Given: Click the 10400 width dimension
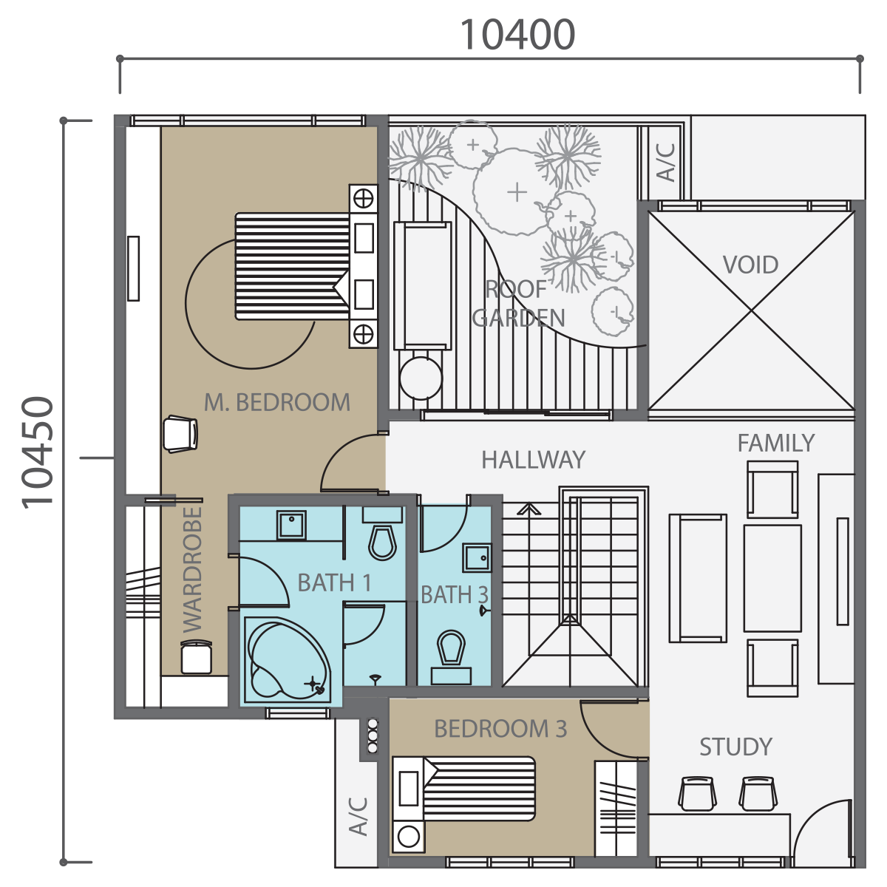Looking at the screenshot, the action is tap(517, 35).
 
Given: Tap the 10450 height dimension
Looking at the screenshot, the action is tap(38, 453).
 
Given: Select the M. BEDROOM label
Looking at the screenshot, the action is tap(277, 402).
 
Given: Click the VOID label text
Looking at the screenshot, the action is tap(750, 265).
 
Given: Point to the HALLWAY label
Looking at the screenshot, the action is tap(534, 460).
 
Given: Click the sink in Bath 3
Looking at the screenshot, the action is tap(477, 557).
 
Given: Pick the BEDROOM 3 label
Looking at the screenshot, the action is tap(500, 729).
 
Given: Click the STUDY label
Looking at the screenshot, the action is tap(735, 747).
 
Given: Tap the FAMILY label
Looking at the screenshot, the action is tap(776, 443).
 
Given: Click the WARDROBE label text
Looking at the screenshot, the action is tap(192, 570).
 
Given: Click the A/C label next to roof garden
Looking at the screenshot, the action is tap(665, 163).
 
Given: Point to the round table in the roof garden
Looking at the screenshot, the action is tap(421, 378).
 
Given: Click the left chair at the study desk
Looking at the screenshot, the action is tap(697, 793).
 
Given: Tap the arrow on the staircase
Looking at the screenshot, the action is tap(529, 509).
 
